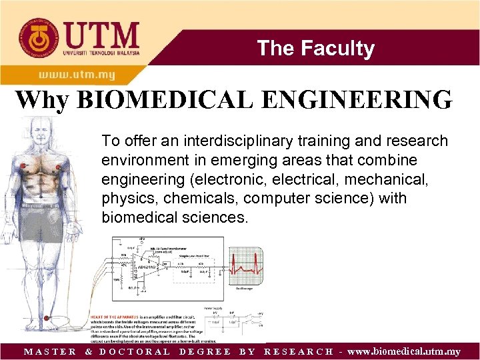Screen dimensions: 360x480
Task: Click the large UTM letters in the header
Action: pyautogui.click(x=101, y=35)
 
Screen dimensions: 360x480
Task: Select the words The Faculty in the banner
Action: pyautogui.click(x=315, y=48)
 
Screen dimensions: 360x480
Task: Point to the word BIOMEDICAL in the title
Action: pyautogui.click(x=160, y=100)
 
